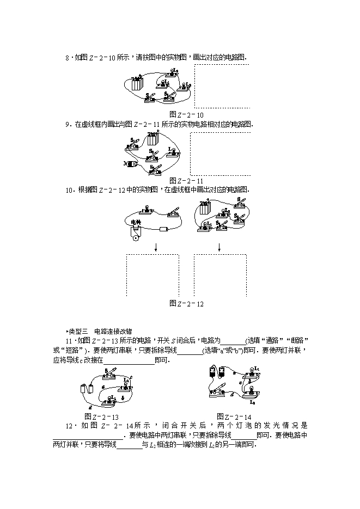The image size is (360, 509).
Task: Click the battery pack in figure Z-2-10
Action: tap(137, 83)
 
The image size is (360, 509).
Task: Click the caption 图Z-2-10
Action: tap(186, 115)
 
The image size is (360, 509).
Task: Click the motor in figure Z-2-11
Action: tap(131, 163)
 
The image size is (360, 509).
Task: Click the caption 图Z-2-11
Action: tap(186, 180)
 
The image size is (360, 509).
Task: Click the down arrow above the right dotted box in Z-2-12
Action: tap(219, 247)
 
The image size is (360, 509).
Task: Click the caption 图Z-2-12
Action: tap(186, 303)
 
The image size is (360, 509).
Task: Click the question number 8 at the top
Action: tap(66, 57)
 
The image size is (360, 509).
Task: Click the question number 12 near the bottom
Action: tap(68, 426)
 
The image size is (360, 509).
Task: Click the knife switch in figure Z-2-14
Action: tap(221, 391)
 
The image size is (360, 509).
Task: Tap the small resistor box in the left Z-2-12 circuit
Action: tap(164, 229)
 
